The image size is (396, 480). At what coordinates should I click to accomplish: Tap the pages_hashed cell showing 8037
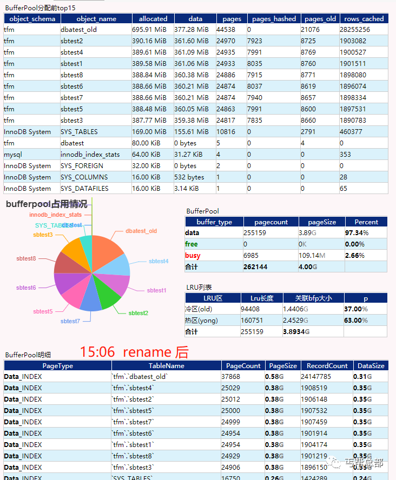(255, 86)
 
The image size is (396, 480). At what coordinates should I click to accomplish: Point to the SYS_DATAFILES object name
(84, 189)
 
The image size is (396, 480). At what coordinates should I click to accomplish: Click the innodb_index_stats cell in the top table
(90, 155)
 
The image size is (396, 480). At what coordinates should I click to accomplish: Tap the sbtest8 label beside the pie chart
(26, 259)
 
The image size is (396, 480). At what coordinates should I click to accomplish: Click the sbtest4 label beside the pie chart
(159, 261)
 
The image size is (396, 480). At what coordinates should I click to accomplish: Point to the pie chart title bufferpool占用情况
(47, 204)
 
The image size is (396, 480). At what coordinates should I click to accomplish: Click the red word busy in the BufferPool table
(192, 255)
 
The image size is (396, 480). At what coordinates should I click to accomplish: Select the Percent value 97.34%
(357, 232)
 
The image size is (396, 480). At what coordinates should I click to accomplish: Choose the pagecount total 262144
(258, 266)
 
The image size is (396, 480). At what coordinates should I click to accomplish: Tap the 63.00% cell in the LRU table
(356, 320)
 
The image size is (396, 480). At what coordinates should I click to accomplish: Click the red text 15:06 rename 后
(134, 352)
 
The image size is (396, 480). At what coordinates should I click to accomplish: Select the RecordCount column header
(325, 365)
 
